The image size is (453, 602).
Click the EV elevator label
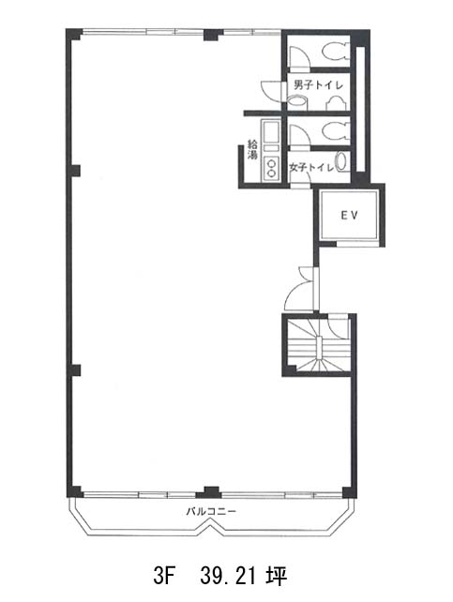tap(349, 215)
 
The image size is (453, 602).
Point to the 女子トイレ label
tap(311, 168)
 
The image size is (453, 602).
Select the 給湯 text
tap(252, 150)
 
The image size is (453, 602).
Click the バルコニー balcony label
tap(212, 511)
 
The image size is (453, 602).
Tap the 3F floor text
tap(164, 577)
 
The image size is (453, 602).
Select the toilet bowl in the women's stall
tap(335, 131)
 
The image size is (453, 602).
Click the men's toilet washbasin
tap(297, 102)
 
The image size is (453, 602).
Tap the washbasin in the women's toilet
tap(341, 161)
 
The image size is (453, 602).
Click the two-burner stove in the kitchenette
tap(271, 169)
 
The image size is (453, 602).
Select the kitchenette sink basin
tap(269, 131)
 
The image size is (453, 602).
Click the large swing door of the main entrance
tap(300, 294)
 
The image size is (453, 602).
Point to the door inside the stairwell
tap(338, 327)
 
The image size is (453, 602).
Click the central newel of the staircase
tap(318, 348)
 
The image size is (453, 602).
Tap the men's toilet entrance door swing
tap(271, 91)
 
